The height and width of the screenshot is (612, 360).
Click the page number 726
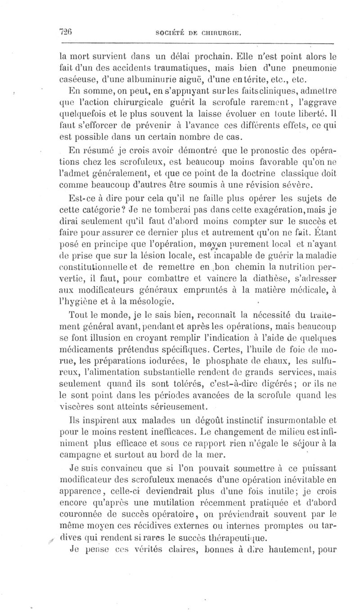67,32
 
